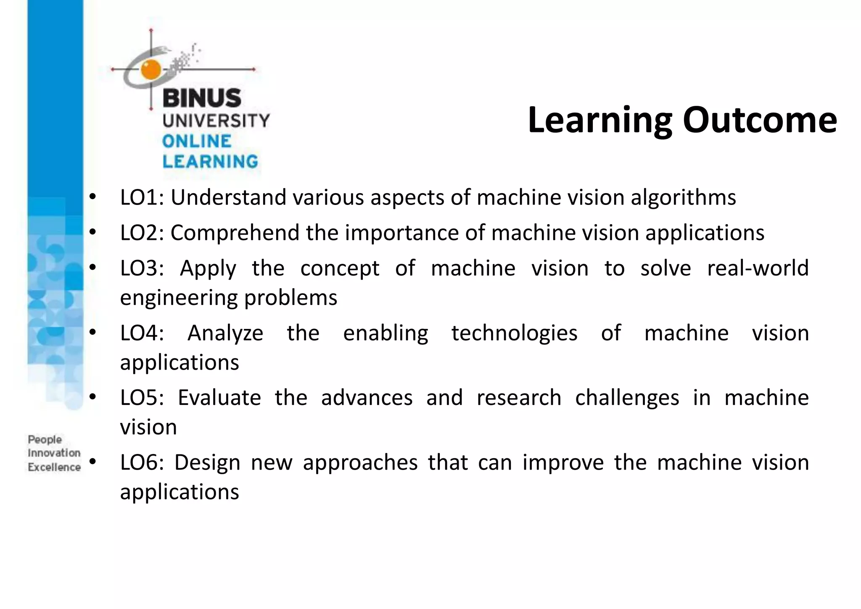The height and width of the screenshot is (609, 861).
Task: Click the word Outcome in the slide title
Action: (760, 120)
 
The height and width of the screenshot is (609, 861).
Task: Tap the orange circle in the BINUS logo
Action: (151, 70)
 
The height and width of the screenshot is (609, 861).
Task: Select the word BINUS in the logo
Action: (202, 98)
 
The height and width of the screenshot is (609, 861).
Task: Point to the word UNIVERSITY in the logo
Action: (216, 121)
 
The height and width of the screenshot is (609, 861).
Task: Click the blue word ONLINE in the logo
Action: (197, 142)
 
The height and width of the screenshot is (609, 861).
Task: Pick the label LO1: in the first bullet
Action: (142, 197)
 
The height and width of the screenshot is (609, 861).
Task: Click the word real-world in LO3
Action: (758, 268)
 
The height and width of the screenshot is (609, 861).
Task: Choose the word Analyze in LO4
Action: (225, 333)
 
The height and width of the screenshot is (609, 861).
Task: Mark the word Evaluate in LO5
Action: (219, 398)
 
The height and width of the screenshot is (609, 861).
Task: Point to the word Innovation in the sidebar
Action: (54, 453)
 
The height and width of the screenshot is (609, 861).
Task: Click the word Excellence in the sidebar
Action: (54, 467)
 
